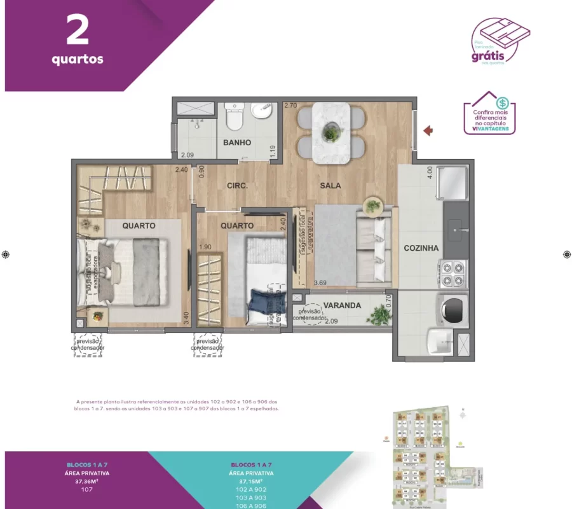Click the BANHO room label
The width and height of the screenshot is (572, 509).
point(237,143)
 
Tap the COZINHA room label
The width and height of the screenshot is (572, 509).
point(421,248)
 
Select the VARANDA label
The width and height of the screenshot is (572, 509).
point(342,305)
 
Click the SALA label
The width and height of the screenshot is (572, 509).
point(330,186)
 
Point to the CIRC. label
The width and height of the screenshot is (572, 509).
point(237,186)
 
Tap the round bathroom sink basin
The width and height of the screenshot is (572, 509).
point(261,112)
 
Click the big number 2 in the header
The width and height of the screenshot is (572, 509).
point(77,32)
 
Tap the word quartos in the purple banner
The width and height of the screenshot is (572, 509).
point(78,60)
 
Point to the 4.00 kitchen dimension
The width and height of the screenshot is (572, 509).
point(430,172)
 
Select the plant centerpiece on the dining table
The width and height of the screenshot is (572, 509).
point(330,133)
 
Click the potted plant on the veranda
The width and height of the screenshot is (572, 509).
point(379,314)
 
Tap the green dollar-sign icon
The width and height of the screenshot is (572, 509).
point(503,102)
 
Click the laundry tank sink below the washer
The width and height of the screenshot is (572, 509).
point(441,342)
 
